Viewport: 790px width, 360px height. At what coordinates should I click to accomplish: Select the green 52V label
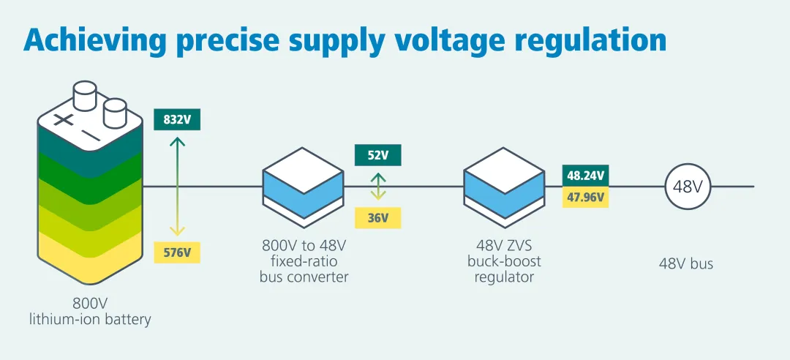point(377,155)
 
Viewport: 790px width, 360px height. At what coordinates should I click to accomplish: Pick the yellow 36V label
point(377,217)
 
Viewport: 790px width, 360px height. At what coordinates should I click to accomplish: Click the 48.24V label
point(587,176)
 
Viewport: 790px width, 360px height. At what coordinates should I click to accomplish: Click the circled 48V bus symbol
point(688,186)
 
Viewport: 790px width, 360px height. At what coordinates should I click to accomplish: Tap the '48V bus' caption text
point(685,263)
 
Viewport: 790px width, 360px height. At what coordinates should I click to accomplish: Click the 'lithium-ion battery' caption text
point(90,319)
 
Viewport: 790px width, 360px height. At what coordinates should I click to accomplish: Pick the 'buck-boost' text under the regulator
point(504,261)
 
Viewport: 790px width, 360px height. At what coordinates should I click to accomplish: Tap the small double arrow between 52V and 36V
point(377,187)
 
